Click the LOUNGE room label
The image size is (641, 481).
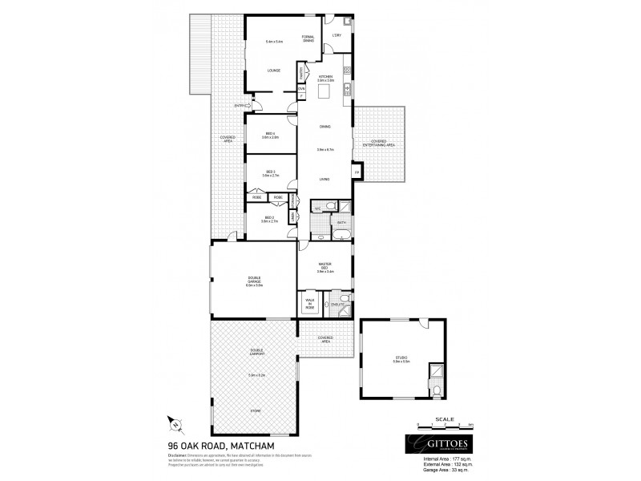pyautogui.click(x=274, y=70)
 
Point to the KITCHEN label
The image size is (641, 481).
pyautogui.click(x=325, y=77)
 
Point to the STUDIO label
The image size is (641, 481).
pyautogui.click(x=401, y=358)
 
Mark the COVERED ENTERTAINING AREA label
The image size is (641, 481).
pyautogui.click(x=379, y=143)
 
